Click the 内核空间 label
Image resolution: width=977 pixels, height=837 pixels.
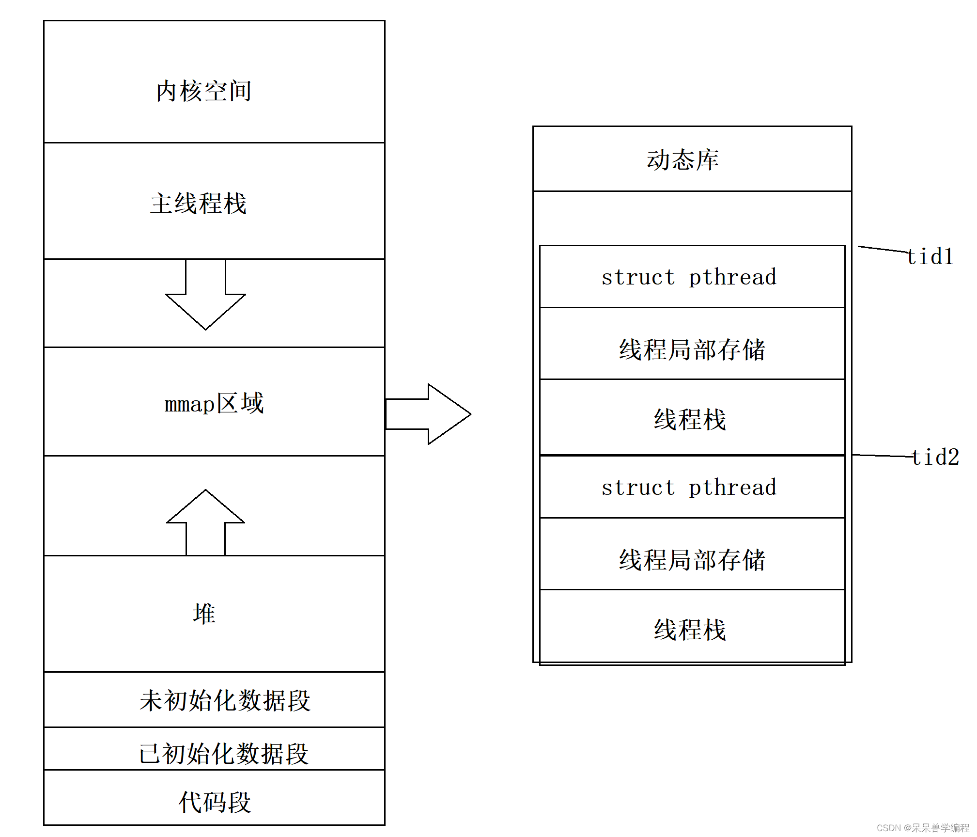[x=203, y=91]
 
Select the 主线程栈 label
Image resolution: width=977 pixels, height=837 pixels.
[x=199, y=203]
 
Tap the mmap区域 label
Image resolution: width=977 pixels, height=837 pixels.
[x=214, y=403]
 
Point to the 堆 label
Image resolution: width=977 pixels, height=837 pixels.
[x=204, y=614]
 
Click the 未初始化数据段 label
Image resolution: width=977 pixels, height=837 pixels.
[x=225, y=700]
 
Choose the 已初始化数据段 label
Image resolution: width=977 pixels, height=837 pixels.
[x=224, y=754]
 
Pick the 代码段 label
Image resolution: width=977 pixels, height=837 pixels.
[x=215, y=802]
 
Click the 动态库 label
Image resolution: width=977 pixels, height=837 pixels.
[x=682, y=160]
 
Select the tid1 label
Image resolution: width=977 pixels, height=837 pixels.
[x=930, y=257]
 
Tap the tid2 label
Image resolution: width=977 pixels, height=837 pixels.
[x=935, y=457]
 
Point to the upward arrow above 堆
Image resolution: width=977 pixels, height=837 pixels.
[x=205, y=519]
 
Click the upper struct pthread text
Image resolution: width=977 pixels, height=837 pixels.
[x=689, y=277]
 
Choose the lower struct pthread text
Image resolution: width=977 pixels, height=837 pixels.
[x=689, y=488]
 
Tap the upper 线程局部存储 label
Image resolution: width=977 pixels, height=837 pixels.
[x=692, y=349]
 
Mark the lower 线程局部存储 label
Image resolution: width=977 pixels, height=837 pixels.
[x=692, y=560]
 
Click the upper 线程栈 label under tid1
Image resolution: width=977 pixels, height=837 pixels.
[x=690, y=419]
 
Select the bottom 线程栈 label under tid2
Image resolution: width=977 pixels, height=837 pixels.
[x=690, y=630]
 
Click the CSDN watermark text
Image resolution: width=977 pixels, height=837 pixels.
[x=923, y=828]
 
